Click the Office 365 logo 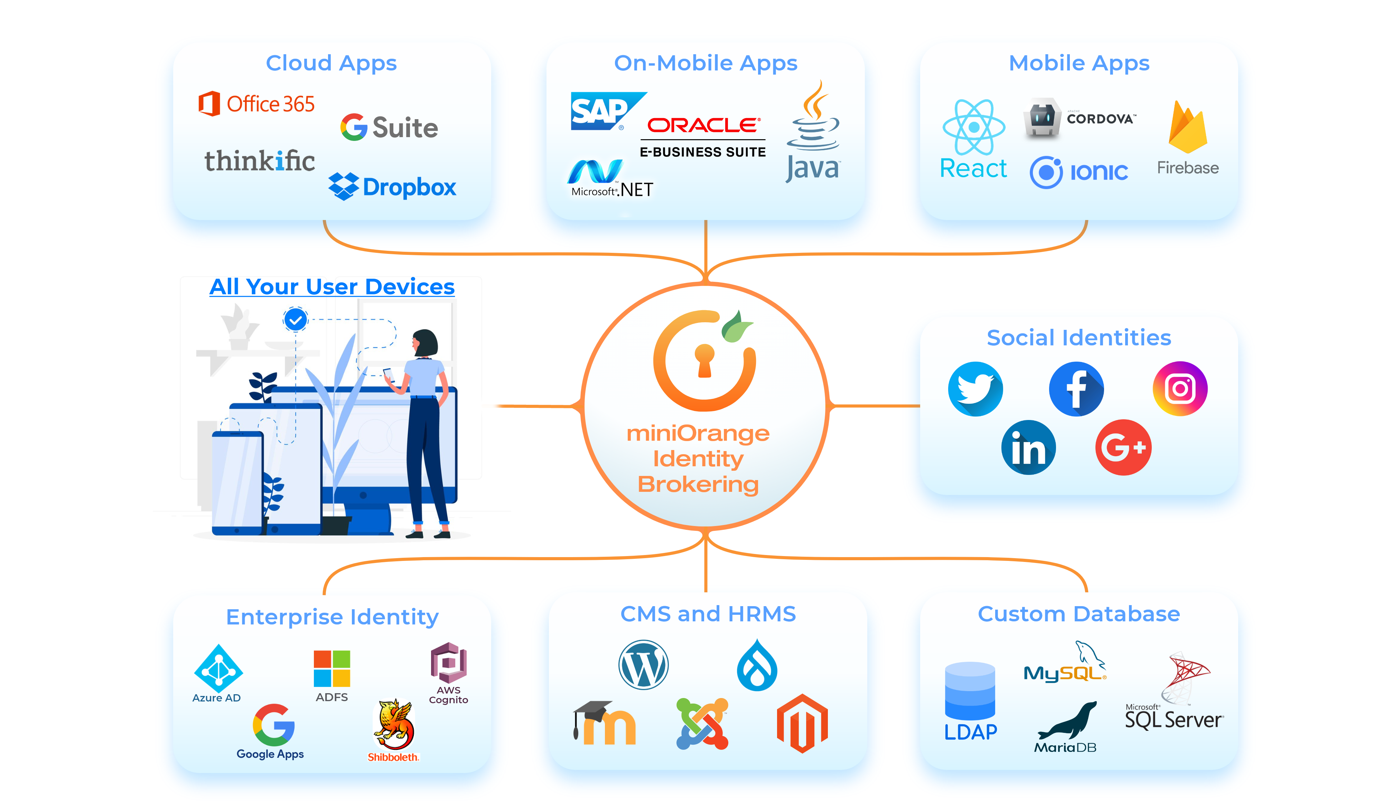[256, 104]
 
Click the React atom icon [974, 127]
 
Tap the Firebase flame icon [1188, 128]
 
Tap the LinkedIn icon [1028, 448]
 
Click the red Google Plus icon [1123, 447]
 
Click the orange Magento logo [802, 723]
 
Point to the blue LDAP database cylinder [970, 691]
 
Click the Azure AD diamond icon [218, 670]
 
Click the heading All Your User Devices [332, 286]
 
